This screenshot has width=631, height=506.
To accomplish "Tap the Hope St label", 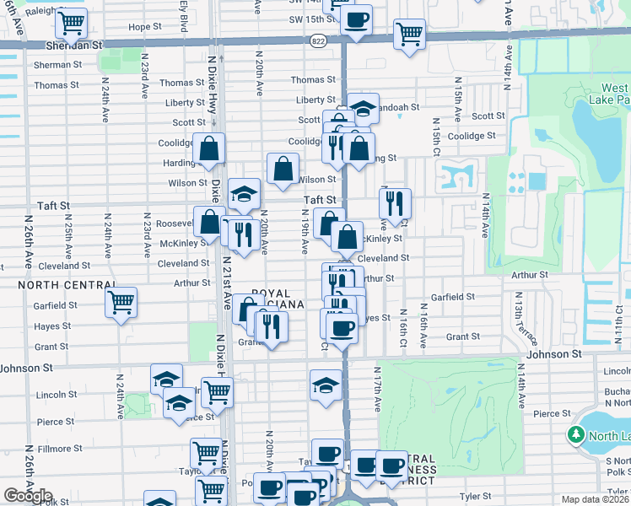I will coord(144,27).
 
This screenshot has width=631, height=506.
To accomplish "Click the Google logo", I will coord(29,496).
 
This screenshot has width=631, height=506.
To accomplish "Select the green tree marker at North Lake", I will coord(576,434).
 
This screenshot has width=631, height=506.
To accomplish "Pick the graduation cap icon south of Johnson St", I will coord(325,384).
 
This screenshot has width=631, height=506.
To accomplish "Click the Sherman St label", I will coord(57,65).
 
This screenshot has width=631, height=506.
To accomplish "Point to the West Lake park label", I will coord(614,94).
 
